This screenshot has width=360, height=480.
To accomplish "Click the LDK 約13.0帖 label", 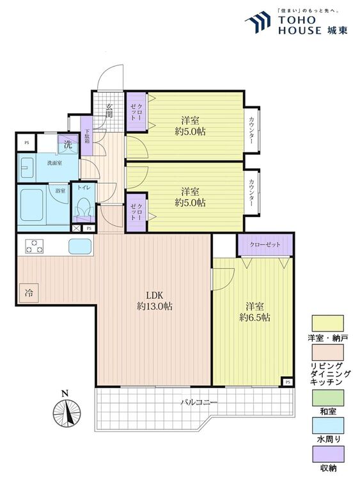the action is [154, 301].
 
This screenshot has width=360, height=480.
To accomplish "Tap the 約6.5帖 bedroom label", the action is [254, 312].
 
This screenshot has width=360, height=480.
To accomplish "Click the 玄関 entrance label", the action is [109, 111].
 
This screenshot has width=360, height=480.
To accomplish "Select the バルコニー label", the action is [199, 403].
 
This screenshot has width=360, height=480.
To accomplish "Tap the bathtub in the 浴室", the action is [31, 205].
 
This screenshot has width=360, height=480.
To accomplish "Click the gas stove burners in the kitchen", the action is [35, 246].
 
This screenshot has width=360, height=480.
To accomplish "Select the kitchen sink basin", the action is [80, 246].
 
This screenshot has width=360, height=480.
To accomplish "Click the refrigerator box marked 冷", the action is [29, 293].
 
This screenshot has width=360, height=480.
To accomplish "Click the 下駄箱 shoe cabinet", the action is [86, 136].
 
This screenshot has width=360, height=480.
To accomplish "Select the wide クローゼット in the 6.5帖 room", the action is [265, 244].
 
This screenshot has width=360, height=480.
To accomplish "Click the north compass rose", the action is [67, 412].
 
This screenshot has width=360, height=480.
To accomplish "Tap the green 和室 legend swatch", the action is [327, 398].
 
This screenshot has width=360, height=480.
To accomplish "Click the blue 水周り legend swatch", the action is [327, 426].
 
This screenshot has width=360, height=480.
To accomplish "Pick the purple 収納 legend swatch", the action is [327, 454].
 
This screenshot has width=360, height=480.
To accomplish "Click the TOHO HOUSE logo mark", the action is [258, 21].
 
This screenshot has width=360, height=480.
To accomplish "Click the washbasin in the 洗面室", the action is [27, 168].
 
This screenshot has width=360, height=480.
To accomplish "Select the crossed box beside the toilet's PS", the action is [75, 228].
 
